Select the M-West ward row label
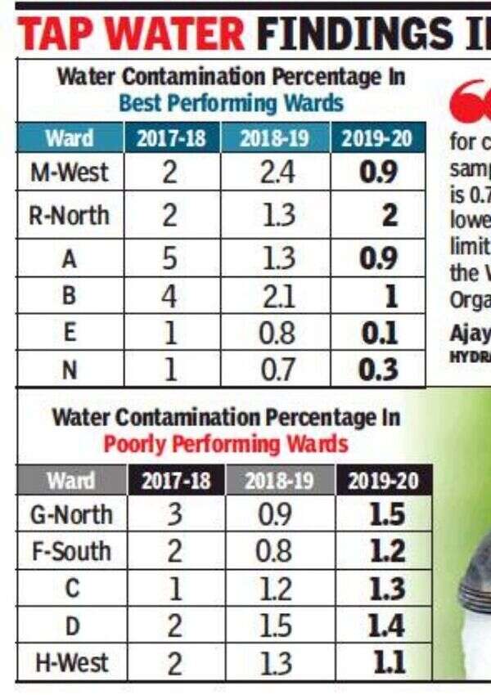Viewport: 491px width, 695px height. point(69,173)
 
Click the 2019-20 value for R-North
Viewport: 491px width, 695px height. point(390,215)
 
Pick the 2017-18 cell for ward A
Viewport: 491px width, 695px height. point(169,258)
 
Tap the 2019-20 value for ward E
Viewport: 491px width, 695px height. point(380,334)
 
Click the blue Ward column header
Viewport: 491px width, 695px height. point(69,137)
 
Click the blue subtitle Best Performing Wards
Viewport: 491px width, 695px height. point(231,104)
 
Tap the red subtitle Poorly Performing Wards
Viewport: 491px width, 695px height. point(226,444)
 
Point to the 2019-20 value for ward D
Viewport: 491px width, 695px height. point(385,626)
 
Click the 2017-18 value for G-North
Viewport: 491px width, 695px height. point(174,515)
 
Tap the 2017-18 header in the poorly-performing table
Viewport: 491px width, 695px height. point(174,481)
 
